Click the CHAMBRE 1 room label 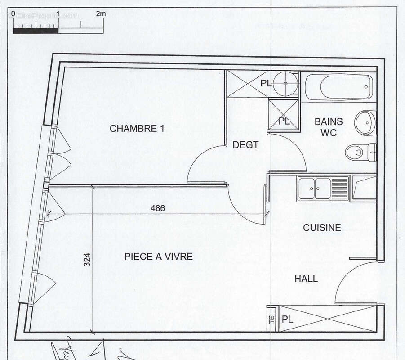(x=137, y=129)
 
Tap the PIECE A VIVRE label (x=158, y=256)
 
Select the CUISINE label (x=322, y=228)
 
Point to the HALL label (x=306, y=279)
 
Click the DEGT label (x=245, y=145)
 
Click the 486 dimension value (x=158, y=208)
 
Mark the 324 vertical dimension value (x=87, y=260)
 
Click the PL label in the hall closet (x=288, y=319)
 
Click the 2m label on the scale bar (x=101, y=14)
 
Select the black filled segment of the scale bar (x=36, y=31)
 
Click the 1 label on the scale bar (x=58, y=14)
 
